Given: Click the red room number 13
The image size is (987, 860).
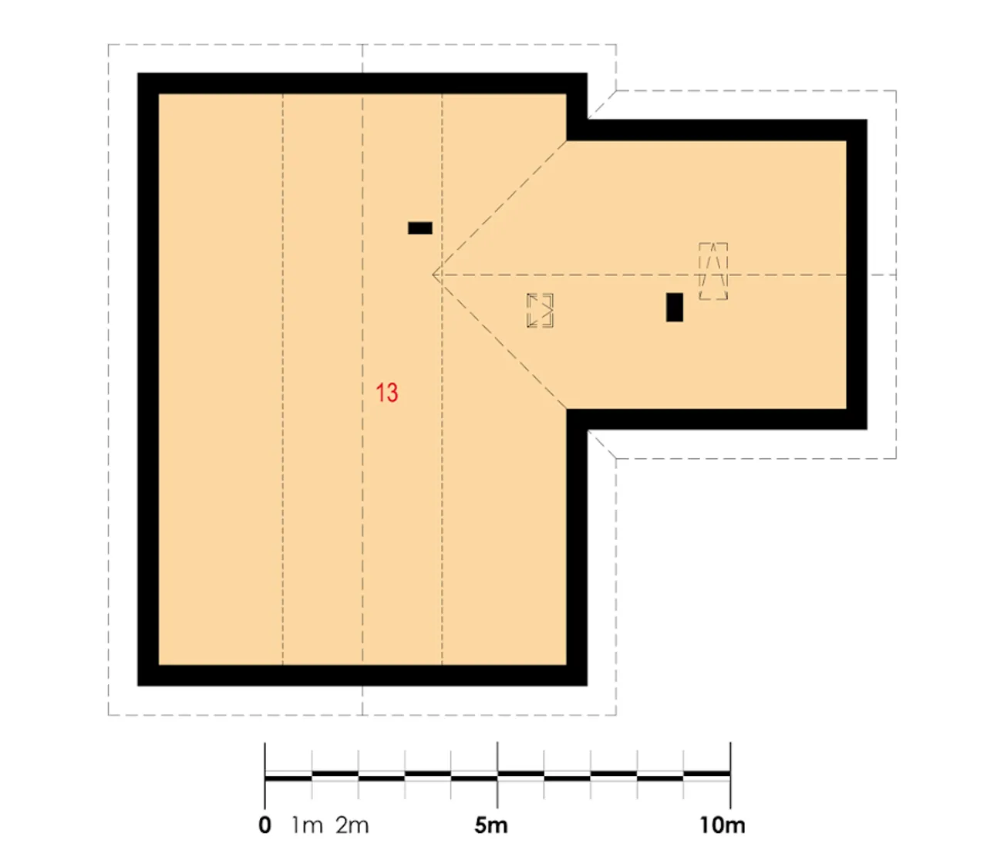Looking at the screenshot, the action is point(386,393).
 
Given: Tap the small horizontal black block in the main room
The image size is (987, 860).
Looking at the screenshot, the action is point(419,228).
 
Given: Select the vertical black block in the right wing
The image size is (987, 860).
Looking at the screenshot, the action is point(674,307).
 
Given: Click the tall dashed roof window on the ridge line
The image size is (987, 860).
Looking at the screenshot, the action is point(712,271).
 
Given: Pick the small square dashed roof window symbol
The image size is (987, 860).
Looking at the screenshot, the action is point(539,311).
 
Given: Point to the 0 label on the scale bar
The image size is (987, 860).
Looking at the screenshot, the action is point(264,825).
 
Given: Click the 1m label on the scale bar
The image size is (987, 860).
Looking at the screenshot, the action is point(307,825).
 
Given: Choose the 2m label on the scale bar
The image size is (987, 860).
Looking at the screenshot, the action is point(352,825).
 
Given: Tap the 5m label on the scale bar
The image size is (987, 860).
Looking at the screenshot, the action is point(490,825).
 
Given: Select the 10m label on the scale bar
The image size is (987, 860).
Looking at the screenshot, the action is point(723,825).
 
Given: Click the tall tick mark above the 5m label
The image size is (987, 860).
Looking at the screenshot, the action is point(497,774).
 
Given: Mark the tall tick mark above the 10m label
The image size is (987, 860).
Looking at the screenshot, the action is point(730,774).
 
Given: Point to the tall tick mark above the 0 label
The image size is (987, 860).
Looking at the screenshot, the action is point(264,774).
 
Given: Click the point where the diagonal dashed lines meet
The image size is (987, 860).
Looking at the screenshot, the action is point(433,275).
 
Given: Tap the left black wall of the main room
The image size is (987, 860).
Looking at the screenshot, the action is point(148,379).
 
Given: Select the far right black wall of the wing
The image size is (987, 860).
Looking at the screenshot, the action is point(856,275).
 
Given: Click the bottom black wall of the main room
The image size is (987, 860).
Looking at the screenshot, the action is point(362,675).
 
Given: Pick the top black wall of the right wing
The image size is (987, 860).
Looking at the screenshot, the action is point(716,130).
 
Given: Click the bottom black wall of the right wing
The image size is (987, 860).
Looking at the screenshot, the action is point(716,419).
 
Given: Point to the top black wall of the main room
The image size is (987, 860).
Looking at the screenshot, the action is point(362,83).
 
